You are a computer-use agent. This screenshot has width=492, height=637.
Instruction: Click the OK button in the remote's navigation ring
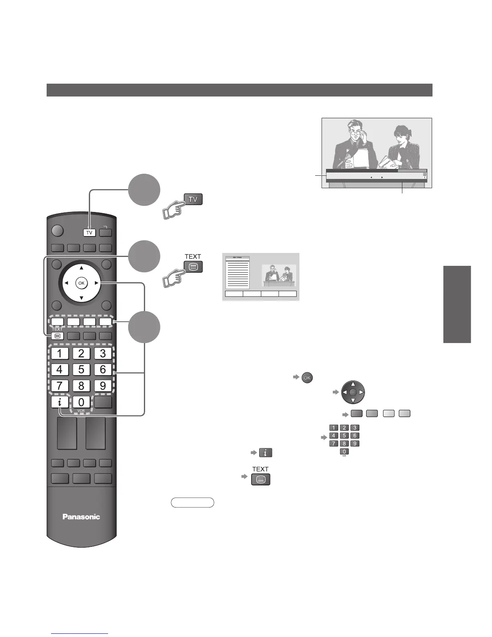pos(82,283)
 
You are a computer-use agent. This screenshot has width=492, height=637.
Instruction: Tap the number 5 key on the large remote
pos(81,369)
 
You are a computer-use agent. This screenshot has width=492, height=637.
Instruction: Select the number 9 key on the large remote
pos(103,386)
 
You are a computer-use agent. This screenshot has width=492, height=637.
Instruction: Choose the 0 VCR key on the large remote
pos(81,402)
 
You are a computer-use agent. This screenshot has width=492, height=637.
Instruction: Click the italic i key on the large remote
pos(59,402)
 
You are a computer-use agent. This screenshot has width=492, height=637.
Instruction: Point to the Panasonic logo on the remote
pos(81,517)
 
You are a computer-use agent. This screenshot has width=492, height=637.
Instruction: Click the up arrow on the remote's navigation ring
pos(82,268)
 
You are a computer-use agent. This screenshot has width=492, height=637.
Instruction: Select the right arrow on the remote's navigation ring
pos(96,283)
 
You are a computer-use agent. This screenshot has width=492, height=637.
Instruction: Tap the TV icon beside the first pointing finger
pos(193,199)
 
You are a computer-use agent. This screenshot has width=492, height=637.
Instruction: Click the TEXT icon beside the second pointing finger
pos(193,267)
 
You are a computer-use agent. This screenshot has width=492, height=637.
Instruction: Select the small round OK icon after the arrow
pos(307,378)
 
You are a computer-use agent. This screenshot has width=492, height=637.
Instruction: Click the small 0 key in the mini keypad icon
pos(344,452)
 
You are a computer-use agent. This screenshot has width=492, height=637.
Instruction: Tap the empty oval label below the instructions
pos(193,502)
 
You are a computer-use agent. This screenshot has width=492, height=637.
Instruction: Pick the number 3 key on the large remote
pos(103,353)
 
